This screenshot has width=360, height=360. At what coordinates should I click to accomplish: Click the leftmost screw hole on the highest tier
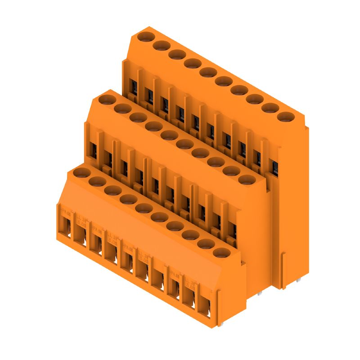click(145, 36)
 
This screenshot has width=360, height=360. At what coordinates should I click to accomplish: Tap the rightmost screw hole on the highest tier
click(283, 117)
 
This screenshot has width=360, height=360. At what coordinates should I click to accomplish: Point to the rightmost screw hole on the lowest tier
click(220, 252)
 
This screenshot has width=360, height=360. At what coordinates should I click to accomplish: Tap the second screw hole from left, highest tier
click(161, 45)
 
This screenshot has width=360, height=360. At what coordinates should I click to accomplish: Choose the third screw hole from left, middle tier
click(137, 117)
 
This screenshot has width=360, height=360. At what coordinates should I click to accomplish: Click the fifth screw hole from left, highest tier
click(207, 72)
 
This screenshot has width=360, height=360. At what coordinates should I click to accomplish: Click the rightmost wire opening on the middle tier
click(232, 230)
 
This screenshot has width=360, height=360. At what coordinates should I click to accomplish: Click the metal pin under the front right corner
click(222, 322)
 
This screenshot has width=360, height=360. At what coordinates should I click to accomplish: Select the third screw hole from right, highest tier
click(254, 99)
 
